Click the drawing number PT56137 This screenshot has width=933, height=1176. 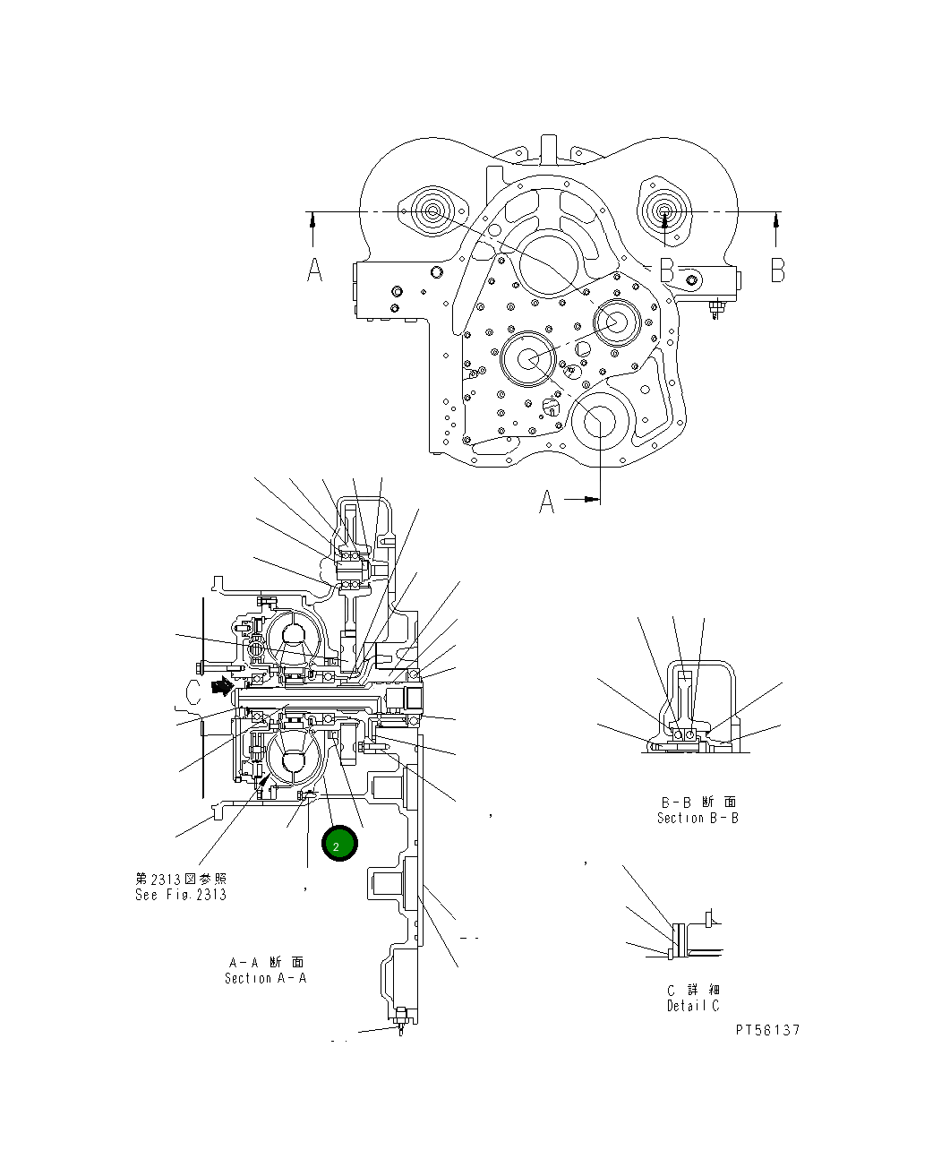tap(767, 1030)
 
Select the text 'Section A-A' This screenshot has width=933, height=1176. tap(265, 978)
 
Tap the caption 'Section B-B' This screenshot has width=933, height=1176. tap(698, 818)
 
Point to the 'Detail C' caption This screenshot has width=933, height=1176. tap(693, 1006)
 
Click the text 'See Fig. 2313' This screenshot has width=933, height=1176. tap(180, 894)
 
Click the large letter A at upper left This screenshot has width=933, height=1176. tap(314, 269)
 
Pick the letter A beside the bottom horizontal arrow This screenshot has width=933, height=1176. tap(547, 503)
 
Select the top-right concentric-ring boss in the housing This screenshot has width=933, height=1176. tap(665, 213)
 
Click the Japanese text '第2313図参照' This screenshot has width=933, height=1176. tap(181, 879)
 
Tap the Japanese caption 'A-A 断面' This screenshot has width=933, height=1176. tap(266, 962)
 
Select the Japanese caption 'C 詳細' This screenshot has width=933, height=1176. tap(693, 990)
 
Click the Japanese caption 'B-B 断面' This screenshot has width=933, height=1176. tap(698, 802)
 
